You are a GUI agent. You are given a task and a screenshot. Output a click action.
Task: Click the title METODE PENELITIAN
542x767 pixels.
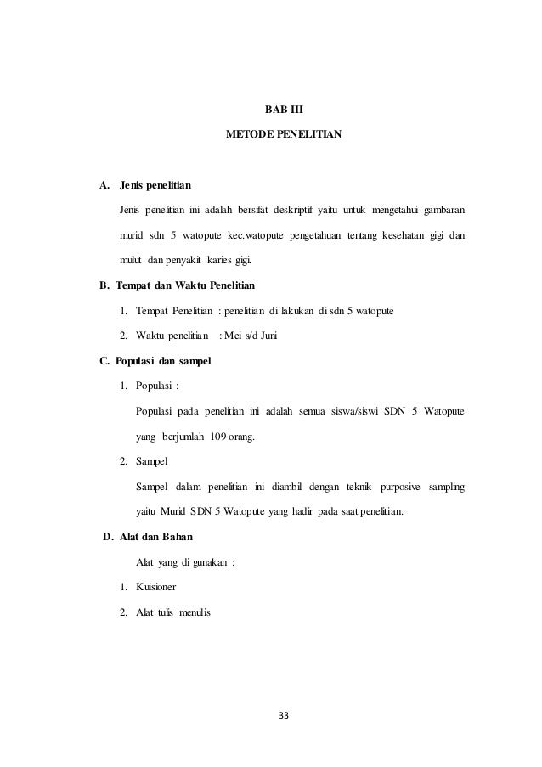283,135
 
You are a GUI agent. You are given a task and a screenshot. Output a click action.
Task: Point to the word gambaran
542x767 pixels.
439,209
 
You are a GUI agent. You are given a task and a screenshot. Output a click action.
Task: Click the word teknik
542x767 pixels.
337,488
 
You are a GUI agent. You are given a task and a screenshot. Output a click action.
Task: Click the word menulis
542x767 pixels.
198,612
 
